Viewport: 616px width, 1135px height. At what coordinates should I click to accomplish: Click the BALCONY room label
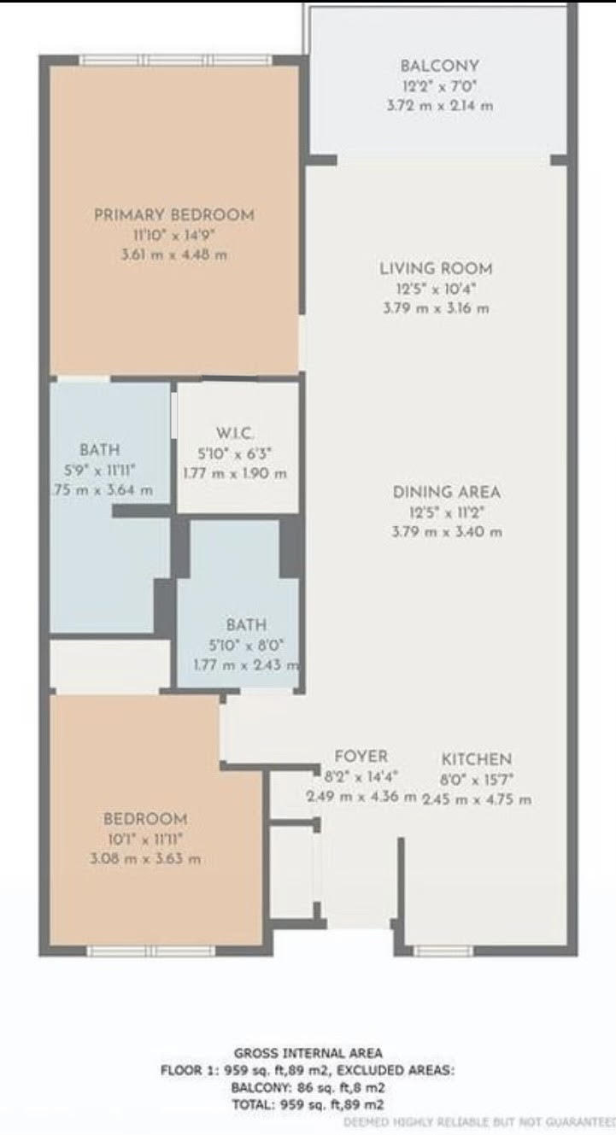point(439,66)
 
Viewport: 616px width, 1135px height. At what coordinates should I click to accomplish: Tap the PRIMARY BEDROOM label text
point(173,214)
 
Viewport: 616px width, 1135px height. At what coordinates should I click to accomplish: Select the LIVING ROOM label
point(436,269)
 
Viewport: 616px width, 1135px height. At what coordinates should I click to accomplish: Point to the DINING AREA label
point(446,492)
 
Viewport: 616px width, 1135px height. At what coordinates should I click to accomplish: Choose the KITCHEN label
point(476,759)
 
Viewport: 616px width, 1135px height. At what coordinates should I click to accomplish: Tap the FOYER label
point(361,757)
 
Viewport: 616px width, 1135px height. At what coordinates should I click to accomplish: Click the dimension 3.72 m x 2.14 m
point(439,106)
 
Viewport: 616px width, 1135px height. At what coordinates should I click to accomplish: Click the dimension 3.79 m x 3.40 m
point(446,531)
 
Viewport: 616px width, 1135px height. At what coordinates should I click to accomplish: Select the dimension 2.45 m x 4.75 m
point(476,799)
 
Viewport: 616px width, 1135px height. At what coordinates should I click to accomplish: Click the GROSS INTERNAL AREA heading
point(308,1053)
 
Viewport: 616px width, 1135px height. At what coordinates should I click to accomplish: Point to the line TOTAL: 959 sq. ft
point(308,1103)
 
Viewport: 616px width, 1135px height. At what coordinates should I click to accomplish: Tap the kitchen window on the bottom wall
point(443,951)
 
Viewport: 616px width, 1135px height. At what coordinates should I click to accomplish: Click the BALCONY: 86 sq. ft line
point(308,1087)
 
